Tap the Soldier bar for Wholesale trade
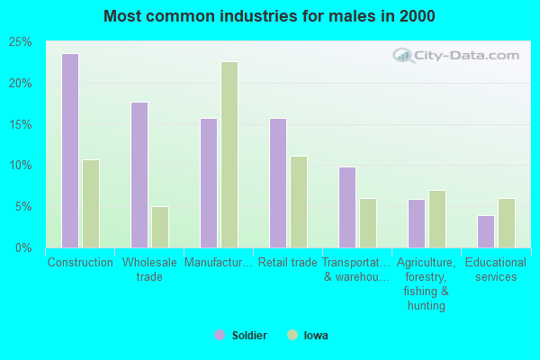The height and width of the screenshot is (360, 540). (x=139, y=175)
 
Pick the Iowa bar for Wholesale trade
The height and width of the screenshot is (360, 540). (x=160, y=227)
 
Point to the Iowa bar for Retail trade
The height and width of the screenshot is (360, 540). (x=299, y=202)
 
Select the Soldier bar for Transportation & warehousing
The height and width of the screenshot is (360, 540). (x=347, y=207)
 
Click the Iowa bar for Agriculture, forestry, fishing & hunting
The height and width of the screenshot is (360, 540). (x=437, y=219)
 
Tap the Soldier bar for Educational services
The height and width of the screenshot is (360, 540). (x=486, y=231)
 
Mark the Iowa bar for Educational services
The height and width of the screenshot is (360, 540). (x=507, y=223)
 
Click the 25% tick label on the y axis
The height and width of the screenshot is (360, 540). (x=21, y=42)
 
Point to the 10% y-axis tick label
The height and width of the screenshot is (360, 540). (x=21, y=166)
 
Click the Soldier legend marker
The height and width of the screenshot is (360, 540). (x=219, y=335)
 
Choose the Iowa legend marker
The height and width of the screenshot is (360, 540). (x=292, y=335)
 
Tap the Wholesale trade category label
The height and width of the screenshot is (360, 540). (x=149, y=269)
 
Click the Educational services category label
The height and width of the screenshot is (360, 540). (x=496, y=269)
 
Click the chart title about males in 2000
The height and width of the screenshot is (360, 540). (x=270, y=16)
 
